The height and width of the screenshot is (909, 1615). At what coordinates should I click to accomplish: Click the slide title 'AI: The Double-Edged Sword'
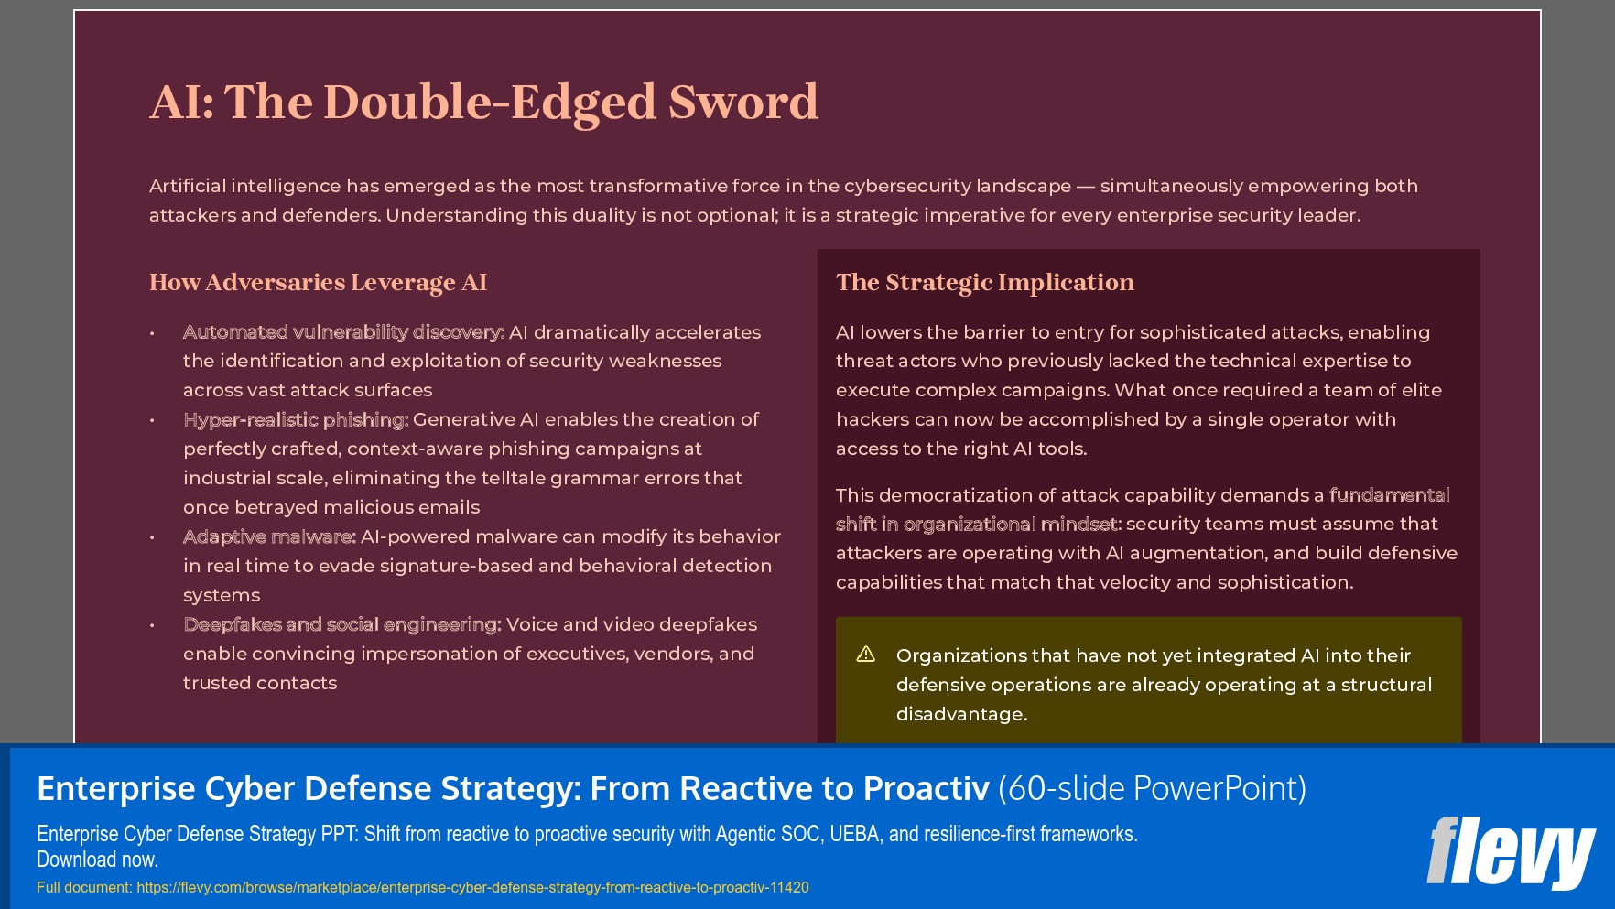click(483, 102)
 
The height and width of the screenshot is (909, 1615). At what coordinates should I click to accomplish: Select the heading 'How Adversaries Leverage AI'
click(318, 282)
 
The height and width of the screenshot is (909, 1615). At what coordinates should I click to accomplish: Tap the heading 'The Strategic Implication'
click(984, 282)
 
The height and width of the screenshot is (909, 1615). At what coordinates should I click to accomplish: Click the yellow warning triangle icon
click(865, 654)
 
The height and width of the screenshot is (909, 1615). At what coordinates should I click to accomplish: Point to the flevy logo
click(1510, 852)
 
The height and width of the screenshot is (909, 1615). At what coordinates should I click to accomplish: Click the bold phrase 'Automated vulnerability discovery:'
click(343, 332)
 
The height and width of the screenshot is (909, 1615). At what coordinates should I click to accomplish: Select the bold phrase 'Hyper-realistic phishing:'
click(296, 419)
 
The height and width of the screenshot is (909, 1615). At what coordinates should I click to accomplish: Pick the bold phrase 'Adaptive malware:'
click(269, 536)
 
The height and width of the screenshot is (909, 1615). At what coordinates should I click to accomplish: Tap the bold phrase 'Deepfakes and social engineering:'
click(341, 624)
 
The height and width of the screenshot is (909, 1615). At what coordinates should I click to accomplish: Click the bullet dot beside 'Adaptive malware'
click(152, 537)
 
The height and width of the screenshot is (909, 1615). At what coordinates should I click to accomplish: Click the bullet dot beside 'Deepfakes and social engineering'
click(152, 625)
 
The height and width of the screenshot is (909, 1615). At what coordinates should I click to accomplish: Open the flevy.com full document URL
click(472, 887)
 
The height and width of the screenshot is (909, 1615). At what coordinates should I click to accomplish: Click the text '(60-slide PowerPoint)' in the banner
click(1152, 788)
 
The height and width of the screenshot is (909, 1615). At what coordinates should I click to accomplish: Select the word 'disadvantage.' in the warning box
click(961, 714)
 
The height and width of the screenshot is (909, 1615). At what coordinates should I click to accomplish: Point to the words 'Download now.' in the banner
click(97, 860)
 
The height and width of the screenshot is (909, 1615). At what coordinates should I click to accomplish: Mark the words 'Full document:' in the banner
click(84, 887)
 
